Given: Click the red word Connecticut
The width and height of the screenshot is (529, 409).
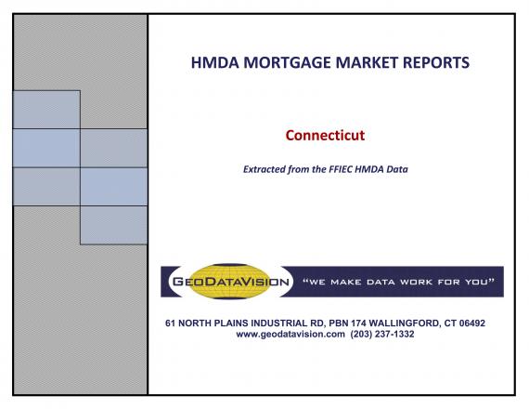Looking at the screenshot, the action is [x=325, y=135].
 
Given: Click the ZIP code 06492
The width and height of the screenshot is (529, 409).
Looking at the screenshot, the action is [x=472, y=323].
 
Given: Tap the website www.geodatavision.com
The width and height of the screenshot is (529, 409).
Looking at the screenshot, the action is [x=290, y=335].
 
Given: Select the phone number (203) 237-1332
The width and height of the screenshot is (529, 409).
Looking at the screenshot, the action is [x=382, y=335].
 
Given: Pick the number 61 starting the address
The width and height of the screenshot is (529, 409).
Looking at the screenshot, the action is [x=170, y=323].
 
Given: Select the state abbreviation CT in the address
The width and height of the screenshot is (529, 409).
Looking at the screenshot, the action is [x=450, y=323].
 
